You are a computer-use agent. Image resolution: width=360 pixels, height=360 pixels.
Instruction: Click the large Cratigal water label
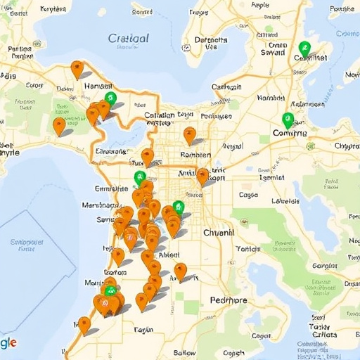click(129, 39)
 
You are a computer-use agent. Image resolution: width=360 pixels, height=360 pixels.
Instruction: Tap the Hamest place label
click(82, 86)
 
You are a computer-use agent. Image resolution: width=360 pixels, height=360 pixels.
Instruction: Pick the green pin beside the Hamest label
click(109, 98)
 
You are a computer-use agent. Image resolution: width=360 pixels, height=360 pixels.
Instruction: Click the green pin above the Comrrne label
click(288, 119)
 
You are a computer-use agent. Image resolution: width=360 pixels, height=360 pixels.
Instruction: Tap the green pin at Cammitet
click(304, 48)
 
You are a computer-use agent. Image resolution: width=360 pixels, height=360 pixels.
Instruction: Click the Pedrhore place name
click(229, 301)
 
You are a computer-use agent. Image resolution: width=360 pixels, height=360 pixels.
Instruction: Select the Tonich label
click(248, 248)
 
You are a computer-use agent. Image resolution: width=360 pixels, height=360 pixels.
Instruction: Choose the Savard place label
click(273, 52)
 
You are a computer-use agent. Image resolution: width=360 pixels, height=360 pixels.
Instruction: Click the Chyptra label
click(347, 146)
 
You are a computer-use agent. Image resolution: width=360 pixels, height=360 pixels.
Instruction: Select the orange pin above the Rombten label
click(189, 134)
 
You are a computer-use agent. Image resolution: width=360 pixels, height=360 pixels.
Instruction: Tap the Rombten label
click(195, 155)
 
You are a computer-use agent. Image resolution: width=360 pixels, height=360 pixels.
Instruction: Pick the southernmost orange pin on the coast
click(84, 324)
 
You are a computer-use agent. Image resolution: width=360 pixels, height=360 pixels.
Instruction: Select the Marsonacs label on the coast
click(100, 205)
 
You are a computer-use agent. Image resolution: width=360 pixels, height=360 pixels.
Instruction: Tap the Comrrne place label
click(289, 132)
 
